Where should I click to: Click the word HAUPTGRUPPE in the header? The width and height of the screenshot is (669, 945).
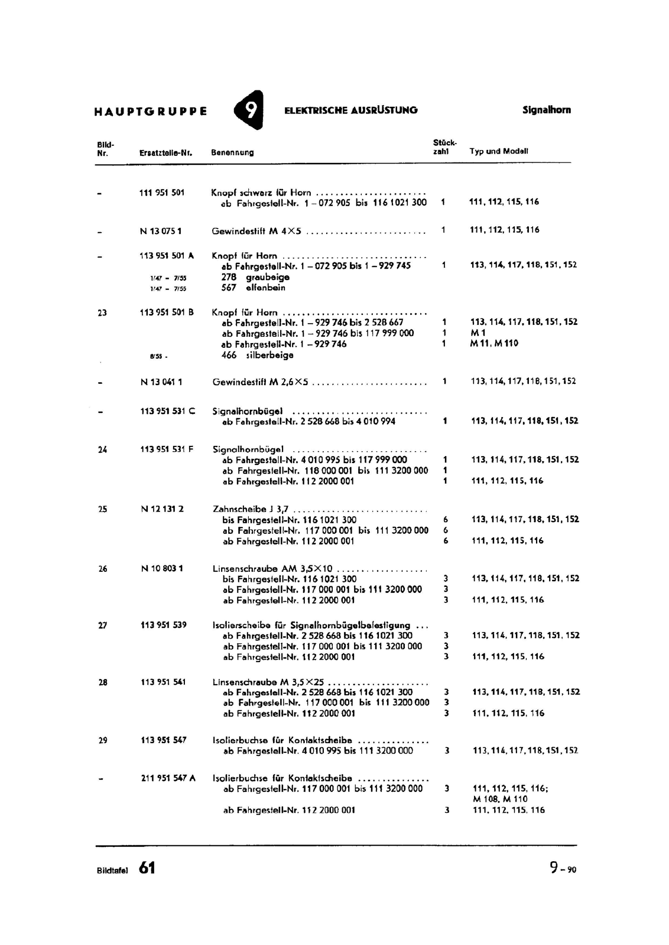click(151, 111)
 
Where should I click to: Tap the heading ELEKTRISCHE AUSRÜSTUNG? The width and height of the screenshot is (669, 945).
click(350, 110)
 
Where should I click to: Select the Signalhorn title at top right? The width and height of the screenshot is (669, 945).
click(546, 110)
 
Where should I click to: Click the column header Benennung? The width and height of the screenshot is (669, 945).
click(232, 152)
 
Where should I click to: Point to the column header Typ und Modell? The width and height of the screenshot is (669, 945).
click(499, 151)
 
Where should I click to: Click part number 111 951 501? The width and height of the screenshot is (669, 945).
click(162, 193)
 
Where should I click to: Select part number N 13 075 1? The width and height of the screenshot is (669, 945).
click(161, 231)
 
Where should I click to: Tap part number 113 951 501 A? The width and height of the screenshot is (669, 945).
click(167, 256)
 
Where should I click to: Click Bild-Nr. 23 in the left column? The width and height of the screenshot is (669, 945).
click(102, 313)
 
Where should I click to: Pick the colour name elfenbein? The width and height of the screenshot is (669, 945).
click(265, 288)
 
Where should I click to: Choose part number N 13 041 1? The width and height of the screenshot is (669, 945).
click(161, 382)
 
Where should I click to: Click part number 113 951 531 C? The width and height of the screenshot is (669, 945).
click(168, 411)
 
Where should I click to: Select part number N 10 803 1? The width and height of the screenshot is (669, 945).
click(162, 569)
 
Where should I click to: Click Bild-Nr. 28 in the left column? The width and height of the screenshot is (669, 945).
click(103, 682)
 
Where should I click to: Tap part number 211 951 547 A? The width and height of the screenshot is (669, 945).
click(168, 778)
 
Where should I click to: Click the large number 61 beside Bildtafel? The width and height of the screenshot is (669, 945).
click(147, 868)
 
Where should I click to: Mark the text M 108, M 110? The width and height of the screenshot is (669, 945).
click(500, 799)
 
